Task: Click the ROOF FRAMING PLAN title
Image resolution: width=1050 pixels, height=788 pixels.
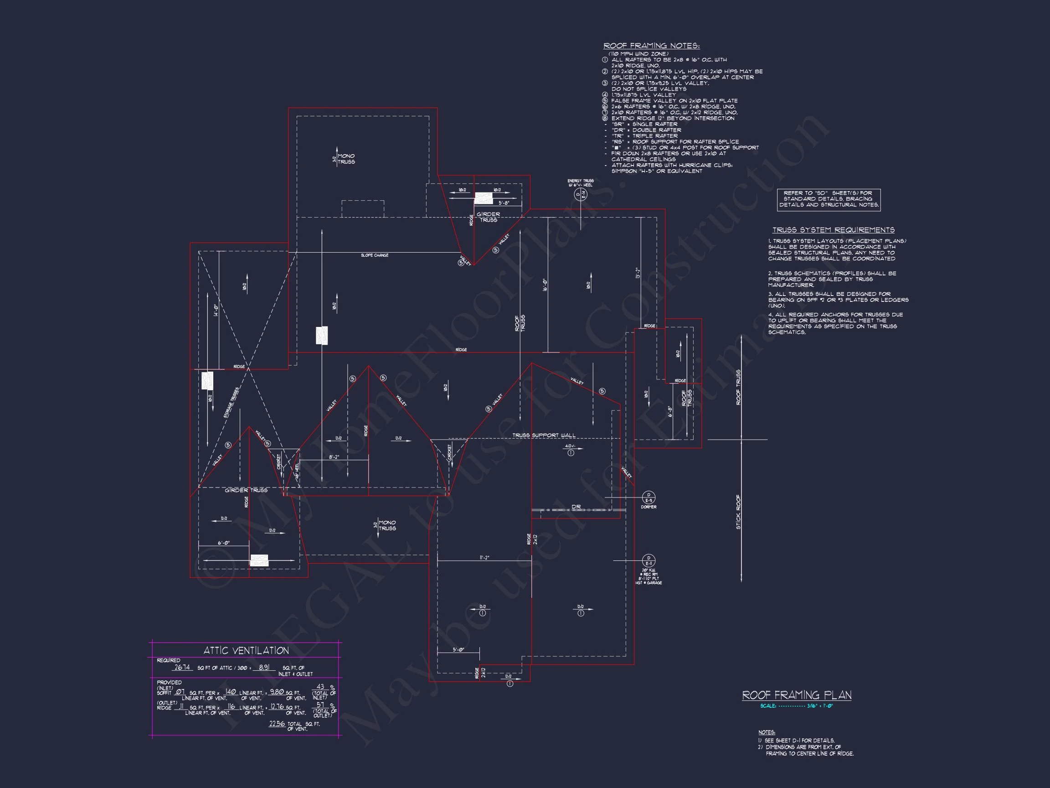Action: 797,695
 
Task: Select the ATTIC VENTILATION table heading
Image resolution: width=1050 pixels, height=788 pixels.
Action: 246,651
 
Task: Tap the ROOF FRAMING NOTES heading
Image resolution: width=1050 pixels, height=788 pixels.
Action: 651,46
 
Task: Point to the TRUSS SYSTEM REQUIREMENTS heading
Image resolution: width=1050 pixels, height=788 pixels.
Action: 833,230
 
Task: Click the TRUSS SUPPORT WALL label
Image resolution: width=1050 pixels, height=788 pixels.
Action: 544,435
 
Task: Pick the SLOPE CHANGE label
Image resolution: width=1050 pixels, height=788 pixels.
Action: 375,255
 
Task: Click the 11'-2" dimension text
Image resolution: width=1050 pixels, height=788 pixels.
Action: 484,558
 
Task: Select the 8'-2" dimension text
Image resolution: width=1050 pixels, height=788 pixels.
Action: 334,457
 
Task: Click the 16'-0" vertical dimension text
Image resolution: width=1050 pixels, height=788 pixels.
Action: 545,285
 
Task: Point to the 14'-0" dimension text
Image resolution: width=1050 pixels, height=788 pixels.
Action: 216,311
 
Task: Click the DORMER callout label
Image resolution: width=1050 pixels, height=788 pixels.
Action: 649,507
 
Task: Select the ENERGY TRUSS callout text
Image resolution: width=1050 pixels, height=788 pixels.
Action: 580,183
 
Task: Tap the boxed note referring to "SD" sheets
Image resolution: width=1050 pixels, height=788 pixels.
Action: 829,199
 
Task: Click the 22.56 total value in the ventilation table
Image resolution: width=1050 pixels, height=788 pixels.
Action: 277,724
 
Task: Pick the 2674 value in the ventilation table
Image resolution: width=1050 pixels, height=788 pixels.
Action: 182,667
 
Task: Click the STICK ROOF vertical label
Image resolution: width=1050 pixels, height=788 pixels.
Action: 738,512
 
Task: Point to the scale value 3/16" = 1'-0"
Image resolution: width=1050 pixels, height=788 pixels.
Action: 820,706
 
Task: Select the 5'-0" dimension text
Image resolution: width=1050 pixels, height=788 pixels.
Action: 458,650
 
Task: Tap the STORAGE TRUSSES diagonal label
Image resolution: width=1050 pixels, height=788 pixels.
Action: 231,403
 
